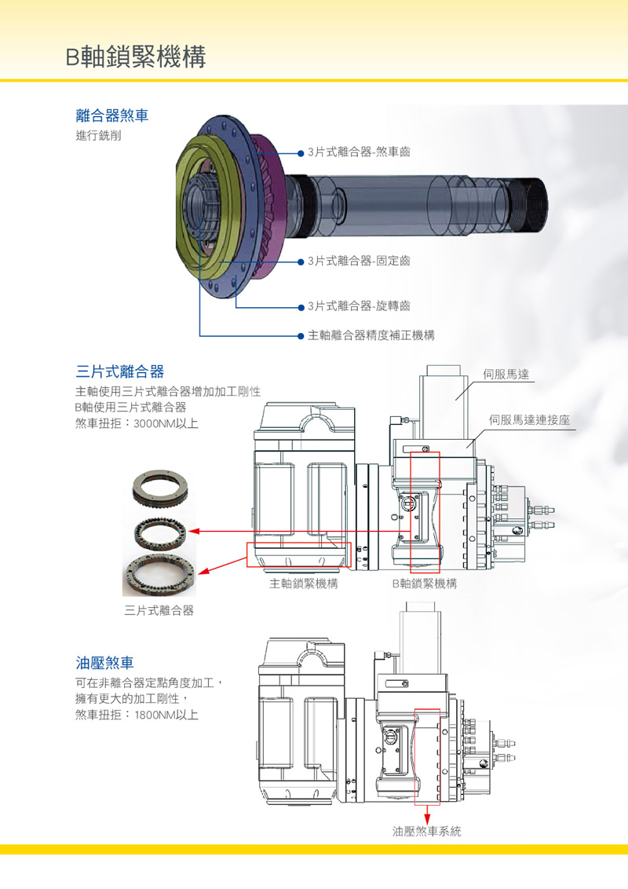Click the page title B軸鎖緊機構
pyautogui.click(x=136, y=57)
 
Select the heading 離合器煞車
pyautogui.click(x=112, y=116)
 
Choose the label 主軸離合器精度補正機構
pyautogui.click(x=371, y=335)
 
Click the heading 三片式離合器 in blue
pyautogui.click(x=120, y=371)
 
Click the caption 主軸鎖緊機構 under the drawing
pyautogui.click(x=304, y=584)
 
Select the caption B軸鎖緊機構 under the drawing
pyautogui.click(x=424, y=584)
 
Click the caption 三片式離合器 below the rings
pyautogui.click(x=159, y=610)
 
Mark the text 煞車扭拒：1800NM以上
pyautogui.click(x=137, y=715)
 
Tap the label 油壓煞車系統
pyautogui.click(x=427, y=831)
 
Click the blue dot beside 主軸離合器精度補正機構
pyautogui.click(x=301, y=335)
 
